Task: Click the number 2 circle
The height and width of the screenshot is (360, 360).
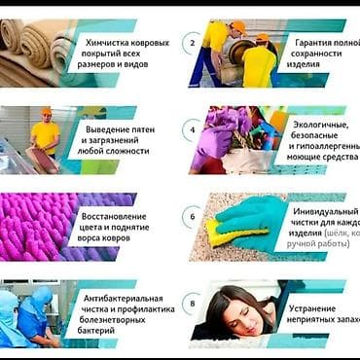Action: [193, 43]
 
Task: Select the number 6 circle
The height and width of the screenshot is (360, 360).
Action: [193, 217]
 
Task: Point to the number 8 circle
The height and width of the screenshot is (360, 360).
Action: [193, 305]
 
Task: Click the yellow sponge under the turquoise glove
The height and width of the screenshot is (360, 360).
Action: [226, 235]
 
